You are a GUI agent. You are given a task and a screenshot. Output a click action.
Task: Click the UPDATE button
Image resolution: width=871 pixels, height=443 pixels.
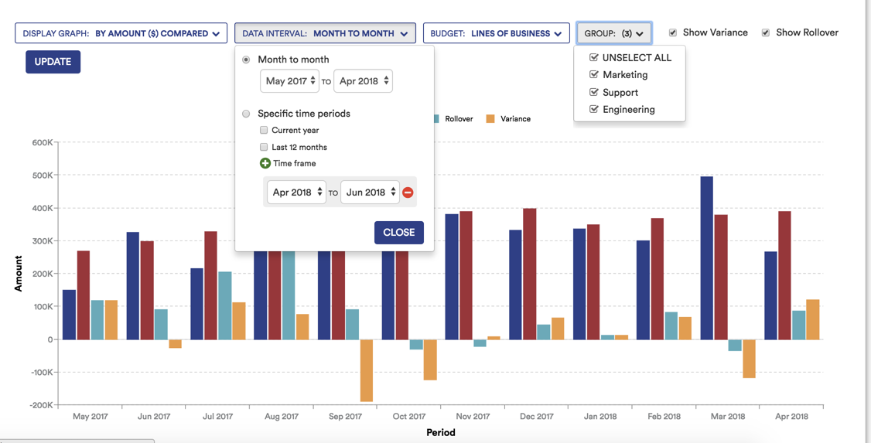coord(53,62)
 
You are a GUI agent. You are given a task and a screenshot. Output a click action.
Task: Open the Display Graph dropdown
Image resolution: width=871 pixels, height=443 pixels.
coord(121,33)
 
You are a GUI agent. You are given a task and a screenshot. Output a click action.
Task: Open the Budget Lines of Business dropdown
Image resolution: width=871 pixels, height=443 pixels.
coord(496,33)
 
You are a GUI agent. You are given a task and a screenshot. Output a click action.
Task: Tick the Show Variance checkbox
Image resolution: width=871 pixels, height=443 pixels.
coord(673,32)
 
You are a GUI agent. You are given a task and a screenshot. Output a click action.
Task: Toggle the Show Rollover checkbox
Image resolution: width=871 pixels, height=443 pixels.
coord(766,32)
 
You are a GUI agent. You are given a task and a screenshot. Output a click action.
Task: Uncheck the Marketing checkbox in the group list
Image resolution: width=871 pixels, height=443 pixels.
coord(594,75)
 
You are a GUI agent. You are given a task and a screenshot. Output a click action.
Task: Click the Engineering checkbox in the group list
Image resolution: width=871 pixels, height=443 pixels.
coord(594,110)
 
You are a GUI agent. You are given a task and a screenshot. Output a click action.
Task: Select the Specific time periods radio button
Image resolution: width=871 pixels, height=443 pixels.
coord(246,114)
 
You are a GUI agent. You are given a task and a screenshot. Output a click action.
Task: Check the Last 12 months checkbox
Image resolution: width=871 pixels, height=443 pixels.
coord(264,147)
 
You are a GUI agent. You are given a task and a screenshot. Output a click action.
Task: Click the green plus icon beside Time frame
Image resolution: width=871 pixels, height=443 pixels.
coord(265,163)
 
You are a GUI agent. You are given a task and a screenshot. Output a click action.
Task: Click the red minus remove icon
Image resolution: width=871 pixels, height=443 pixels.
coord(408,193)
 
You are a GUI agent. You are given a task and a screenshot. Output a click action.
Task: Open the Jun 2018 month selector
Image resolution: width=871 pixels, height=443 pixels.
coord(370,193)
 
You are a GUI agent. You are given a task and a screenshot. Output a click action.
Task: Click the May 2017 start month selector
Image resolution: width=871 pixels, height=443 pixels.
coord(289,81)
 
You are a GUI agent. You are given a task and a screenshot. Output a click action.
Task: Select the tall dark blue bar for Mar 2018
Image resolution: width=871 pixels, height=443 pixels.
coord(706,257)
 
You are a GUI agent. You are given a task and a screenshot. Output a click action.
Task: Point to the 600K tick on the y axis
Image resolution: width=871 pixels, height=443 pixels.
coord(43,143)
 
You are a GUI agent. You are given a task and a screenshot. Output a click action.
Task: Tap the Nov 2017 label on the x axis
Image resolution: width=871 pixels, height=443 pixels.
coord(473,416)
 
